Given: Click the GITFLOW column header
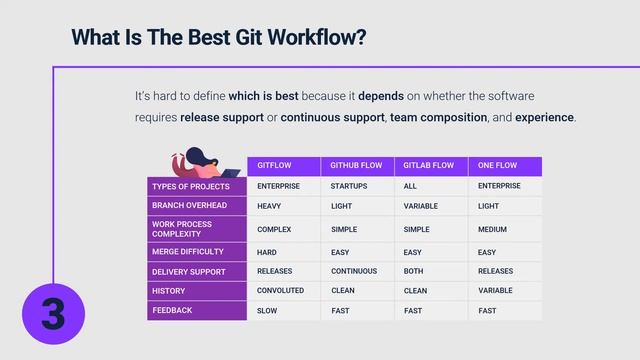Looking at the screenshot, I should (274, 166).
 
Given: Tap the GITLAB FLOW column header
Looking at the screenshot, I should (429, 166).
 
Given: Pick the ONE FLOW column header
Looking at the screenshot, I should (497, 166).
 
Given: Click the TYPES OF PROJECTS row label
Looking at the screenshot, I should (191, 186).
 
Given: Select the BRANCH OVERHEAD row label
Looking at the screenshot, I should (189, 205).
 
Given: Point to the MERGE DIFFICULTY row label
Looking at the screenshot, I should (187, 252).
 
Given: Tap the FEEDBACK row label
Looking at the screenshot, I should (172, 311).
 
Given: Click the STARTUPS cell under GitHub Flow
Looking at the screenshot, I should (349, 186).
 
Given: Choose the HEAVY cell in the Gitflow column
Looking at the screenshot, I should (269, 206).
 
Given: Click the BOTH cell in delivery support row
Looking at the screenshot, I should (413, 271).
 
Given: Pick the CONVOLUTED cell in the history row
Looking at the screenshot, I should (281, 291).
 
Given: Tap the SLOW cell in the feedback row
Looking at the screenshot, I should (268, 311).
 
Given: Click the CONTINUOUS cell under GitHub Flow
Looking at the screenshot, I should (354, 271).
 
